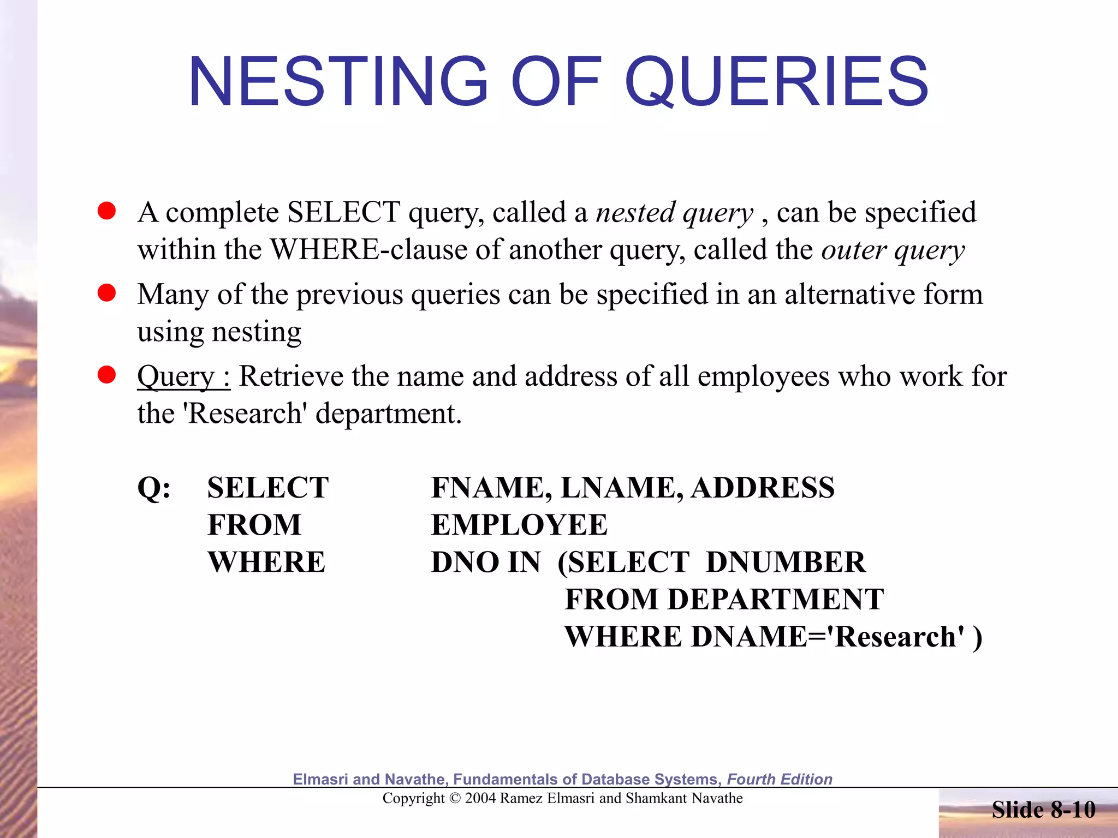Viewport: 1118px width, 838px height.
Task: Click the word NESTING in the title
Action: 338,82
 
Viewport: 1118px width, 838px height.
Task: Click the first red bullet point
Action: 106,211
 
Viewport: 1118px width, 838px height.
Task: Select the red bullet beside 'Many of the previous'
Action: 106,293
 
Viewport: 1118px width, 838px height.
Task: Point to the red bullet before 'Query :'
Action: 106,375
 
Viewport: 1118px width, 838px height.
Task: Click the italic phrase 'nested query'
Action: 674,213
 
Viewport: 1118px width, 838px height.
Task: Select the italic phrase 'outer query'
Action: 893,250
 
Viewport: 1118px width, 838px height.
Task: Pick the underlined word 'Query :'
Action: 183,376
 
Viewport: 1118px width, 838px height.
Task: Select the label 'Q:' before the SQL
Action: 154,488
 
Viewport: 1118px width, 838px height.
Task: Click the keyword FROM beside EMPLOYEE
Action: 254,525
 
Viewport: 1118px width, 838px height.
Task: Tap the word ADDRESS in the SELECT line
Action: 763,488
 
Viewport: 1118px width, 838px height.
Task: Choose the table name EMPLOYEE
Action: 519,525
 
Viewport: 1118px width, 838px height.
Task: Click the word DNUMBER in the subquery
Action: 786,562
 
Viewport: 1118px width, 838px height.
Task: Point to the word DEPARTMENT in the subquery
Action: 775,600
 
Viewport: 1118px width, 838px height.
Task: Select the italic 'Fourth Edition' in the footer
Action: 780,779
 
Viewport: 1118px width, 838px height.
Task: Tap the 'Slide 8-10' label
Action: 1043,810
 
